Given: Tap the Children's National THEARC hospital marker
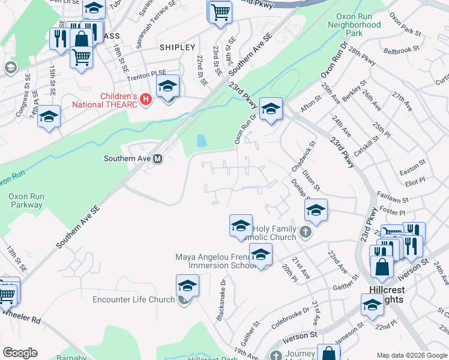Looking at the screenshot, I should [x=145, y=100].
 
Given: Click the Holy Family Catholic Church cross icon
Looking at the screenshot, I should [x=306, y=232].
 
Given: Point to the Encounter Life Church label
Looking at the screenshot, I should [x=133, y=299].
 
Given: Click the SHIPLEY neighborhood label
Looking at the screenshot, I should [x=177, y=47].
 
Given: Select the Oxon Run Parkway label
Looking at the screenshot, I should [x=25, y=200].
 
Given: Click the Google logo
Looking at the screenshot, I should [x=20, y=353].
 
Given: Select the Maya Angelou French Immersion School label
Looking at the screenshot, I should [x=213, y=261].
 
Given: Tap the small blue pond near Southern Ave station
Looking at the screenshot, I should [x=201, y=141].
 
